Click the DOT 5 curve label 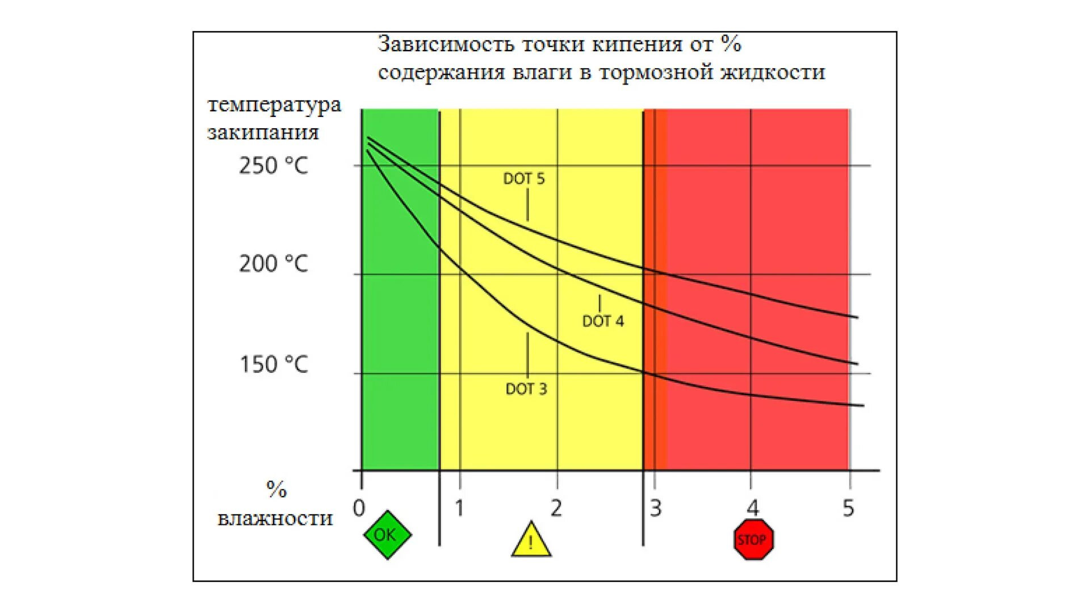point(523,179)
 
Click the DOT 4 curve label point(603,321)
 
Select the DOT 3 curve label point(526,389)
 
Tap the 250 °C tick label point(273,166)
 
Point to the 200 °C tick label point(273,264)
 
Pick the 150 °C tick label point(273,364)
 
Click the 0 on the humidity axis point(359,508)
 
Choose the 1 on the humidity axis point(459,508)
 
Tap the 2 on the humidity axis point(556,508)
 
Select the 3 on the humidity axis point(656,508)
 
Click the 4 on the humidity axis point(752,508)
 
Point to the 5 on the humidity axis point(848,508)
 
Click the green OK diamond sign point(387,535)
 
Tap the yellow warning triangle point(531,541)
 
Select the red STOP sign point(753,539)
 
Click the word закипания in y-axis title point(263,133)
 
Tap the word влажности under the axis point(275,518)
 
